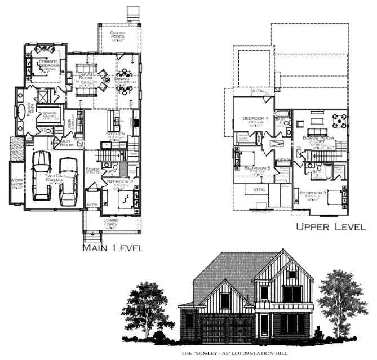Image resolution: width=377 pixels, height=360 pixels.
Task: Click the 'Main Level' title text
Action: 113,247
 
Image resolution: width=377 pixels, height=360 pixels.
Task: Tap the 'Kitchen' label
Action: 116,134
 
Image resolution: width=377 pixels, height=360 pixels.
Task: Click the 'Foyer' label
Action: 92,169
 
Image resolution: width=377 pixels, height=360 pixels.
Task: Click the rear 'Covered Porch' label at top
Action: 118,35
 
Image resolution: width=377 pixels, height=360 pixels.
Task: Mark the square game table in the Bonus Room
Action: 340,120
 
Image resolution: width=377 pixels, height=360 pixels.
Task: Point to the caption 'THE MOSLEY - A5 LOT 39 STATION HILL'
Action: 234,354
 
